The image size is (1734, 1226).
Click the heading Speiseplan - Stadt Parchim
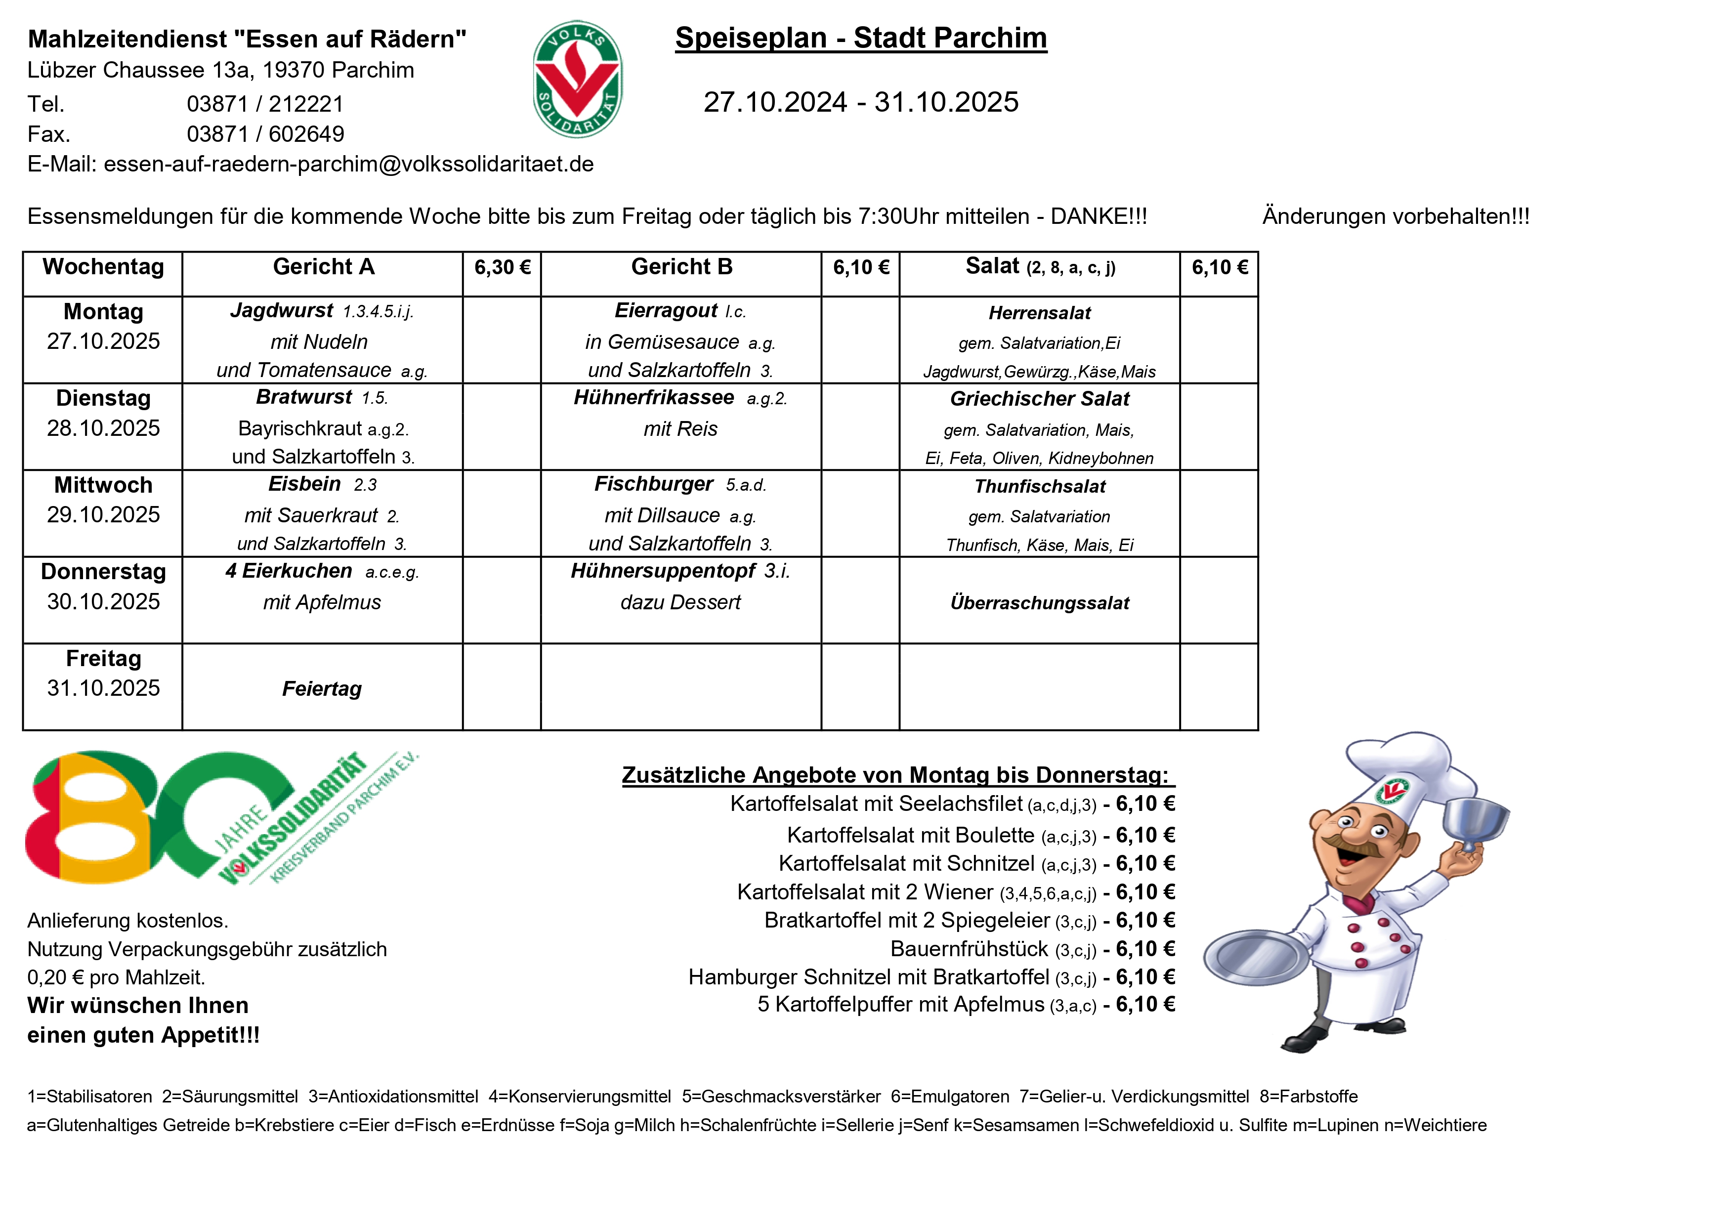tap(860, 38)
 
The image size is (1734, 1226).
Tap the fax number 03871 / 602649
tap(265, 134)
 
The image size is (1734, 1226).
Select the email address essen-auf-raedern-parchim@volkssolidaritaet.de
tap(348, 165)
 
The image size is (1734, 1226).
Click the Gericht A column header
tap(323, 267)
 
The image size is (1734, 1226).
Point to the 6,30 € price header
tap(502, 267)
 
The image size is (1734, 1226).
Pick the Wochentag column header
tap(103, 267)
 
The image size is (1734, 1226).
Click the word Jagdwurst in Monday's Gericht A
tap(282, 310)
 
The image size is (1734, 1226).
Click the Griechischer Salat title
tap(1039, 399)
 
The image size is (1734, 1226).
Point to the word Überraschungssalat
tap(1039, 603)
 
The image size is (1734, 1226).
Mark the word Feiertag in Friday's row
tap(322, 689)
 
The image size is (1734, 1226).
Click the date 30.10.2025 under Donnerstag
tap(103, 602)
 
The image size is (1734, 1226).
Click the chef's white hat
tap(1401, 770)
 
